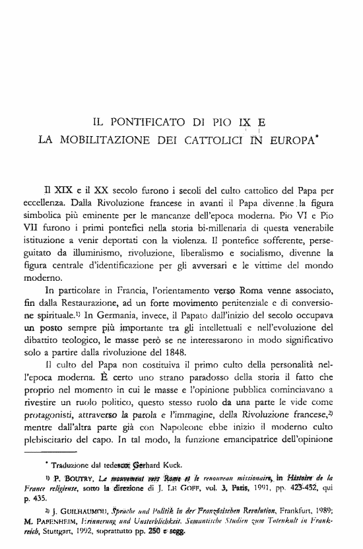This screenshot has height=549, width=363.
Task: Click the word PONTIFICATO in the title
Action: pos(141,122)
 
